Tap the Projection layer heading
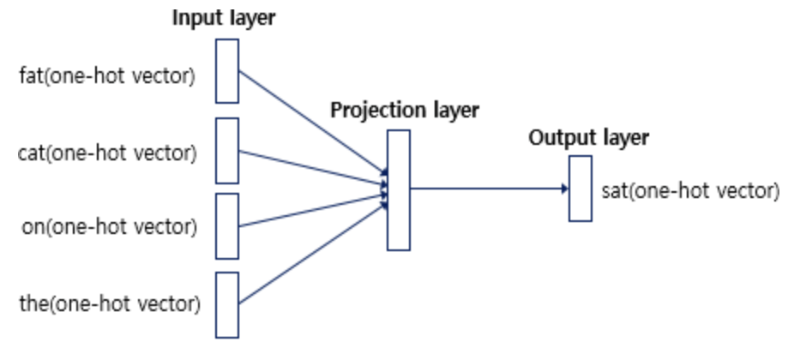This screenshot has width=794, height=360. (x=405, y=111)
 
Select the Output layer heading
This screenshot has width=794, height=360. (x=588, y=137)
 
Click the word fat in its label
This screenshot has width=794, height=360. (x=29, y=76)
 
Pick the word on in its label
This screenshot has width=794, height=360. (x=28, y=228)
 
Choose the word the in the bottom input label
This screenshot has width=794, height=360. (x=32, y=303)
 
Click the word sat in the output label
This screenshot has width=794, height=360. (x=614, y=189)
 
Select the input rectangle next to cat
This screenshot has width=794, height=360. (x=226, y=150)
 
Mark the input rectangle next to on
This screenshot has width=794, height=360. (x=226, y=225)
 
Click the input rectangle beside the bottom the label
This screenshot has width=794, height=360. (x=226, y=303)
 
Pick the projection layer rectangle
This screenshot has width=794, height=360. (x=398, y=189)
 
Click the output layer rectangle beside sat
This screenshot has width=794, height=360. (x=580, y=189)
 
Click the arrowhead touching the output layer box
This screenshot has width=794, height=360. (x=563, y=189)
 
